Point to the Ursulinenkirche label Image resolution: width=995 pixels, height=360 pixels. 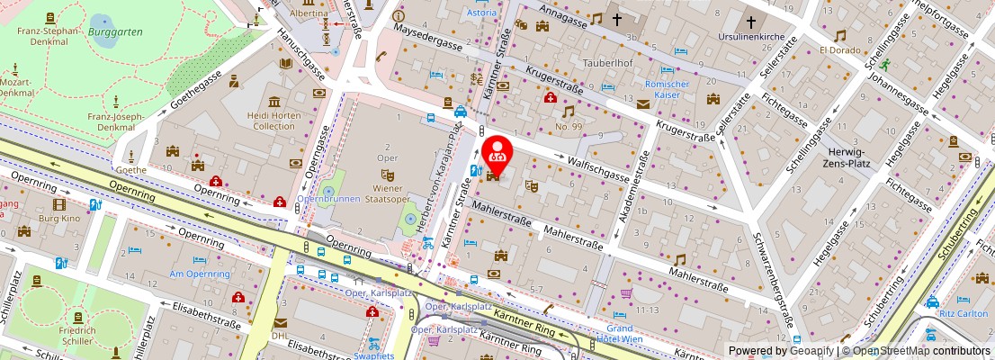point(751,41)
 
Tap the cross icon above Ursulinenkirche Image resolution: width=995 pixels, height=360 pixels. point(751,22)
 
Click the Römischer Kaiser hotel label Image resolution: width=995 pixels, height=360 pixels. point(668,89)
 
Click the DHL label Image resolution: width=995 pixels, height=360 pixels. point(280,337)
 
